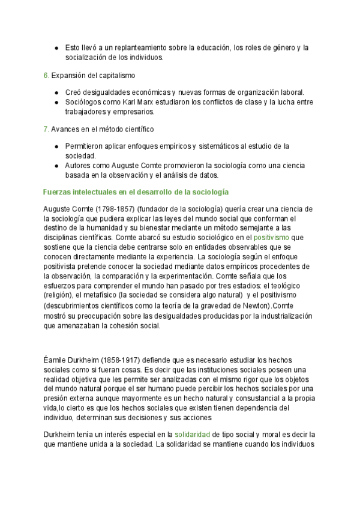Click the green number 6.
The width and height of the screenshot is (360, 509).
click(46, 76)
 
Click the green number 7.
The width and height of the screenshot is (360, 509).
click(46, 129)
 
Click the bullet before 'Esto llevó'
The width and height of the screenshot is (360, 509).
click(56, 47)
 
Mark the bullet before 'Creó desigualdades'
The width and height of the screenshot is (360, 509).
click(56, 92)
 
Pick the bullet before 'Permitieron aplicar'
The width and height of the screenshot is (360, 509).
click(56, 146)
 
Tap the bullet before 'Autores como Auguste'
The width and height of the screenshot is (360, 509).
click(56, 165)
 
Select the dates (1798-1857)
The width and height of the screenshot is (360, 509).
click(108, 209)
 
